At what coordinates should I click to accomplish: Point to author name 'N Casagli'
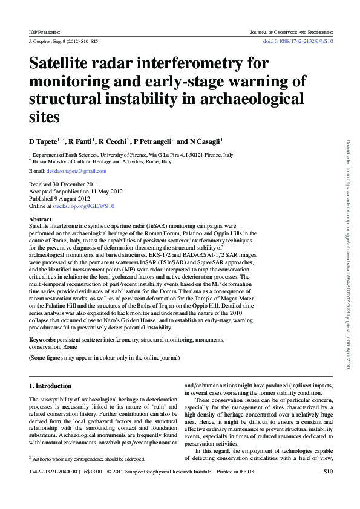(205, 141)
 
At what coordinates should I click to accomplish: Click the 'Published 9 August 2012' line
(60, 198)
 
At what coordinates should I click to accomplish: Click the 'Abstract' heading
(40, 219)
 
